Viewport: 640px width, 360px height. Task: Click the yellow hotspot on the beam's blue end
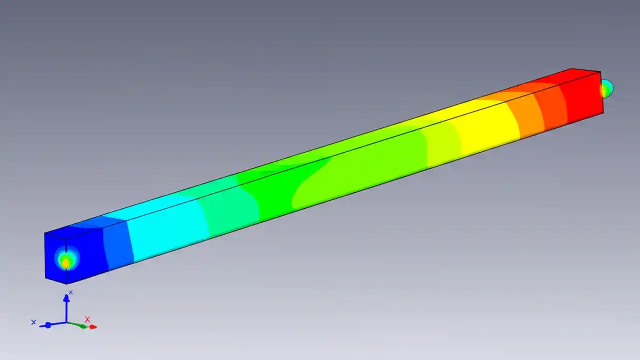coord(65,262)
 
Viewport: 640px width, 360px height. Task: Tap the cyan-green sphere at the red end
coord(606,88)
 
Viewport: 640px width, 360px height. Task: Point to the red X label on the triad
coord(87,319)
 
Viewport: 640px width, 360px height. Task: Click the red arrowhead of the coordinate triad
coord(93,327)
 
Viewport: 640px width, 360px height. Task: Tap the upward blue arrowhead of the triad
coord(66,298)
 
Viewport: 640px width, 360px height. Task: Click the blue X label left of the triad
coord(33,322)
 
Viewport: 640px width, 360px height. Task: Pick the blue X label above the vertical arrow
coord(70,292)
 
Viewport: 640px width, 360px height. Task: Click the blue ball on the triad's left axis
coord(48,325)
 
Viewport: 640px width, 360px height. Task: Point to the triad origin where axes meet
coord(66,322)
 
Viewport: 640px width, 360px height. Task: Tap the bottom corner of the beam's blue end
coord(66,284)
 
